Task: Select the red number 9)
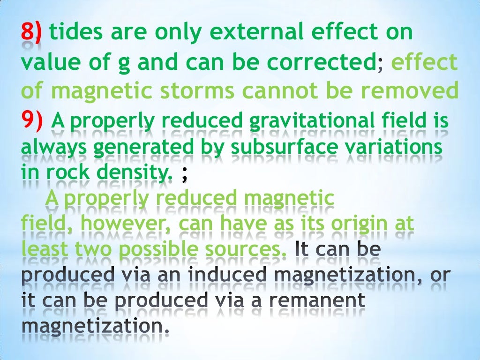pos(32,122)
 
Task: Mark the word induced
pos(221,275)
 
